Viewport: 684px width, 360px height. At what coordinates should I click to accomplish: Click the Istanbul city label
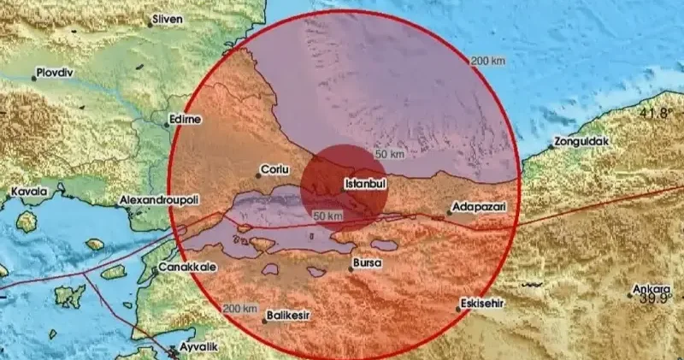(367, 183)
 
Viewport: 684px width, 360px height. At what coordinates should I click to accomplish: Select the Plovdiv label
(56, 74)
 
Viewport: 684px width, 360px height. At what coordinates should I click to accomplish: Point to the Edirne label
(186, 120)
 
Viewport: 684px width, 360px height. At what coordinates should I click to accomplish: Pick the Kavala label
(29, 193)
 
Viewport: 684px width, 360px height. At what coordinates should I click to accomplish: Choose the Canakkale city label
(188, 267)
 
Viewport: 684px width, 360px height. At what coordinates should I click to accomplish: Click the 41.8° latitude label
(654, 113)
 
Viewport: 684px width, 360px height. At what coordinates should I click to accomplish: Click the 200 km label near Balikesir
(239, 309)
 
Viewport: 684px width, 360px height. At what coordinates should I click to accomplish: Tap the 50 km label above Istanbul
(390, 154)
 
